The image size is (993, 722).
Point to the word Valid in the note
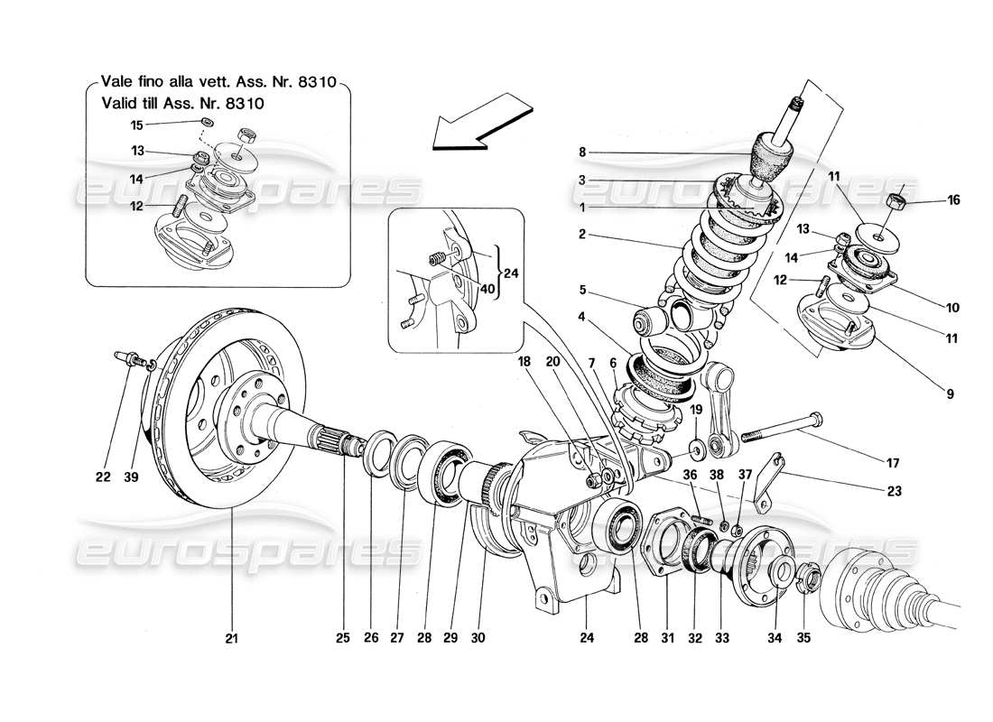(122, 104)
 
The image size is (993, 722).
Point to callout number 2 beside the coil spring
(583, 234)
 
